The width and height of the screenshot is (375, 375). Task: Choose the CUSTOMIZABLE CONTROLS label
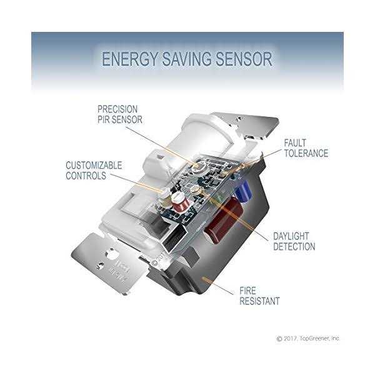coord(94,170)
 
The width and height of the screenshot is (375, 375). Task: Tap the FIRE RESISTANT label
coord(259,296)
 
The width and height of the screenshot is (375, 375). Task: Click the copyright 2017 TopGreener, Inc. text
coord(307,338)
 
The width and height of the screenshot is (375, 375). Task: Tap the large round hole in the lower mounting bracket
coord(116,254)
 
